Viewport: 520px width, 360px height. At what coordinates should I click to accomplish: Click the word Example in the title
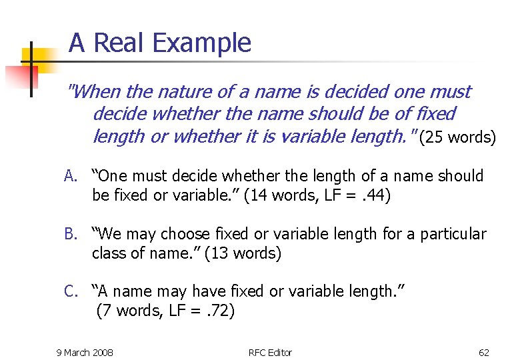coord(202,43)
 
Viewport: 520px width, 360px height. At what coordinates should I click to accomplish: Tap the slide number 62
coord(483,352)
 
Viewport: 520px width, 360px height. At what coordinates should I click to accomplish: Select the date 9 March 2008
coord(85,352)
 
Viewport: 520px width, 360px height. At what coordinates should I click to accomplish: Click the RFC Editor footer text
coord(270,352)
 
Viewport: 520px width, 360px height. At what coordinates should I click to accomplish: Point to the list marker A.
coord(71,177)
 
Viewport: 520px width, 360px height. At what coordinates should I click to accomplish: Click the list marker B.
coord(71,235)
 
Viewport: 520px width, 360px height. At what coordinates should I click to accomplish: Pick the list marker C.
coord(71,291)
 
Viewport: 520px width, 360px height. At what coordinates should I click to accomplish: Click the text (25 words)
coord(457,138)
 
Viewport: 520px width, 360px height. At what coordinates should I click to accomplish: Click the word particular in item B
coord(453,235)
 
